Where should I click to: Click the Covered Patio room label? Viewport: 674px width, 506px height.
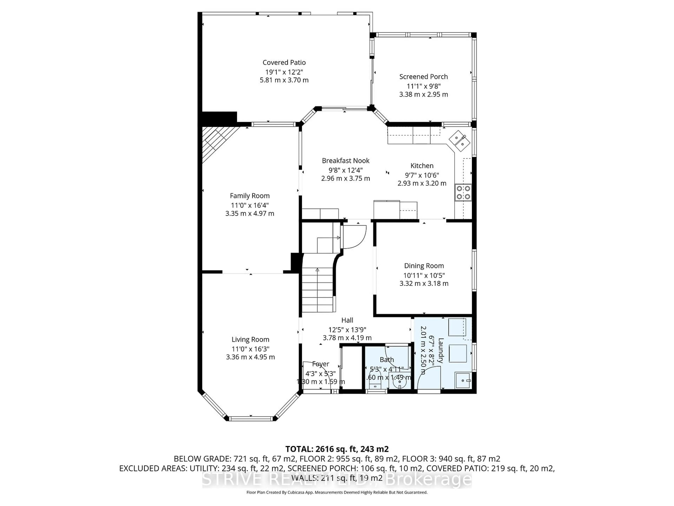284,63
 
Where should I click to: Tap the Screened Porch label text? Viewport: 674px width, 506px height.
424,77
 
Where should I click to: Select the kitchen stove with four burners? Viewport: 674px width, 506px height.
463,192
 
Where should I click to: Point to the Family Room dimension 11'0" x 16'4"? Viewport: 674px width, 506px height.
250,205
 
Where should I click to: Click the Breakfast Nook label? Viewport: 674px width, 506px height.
346,161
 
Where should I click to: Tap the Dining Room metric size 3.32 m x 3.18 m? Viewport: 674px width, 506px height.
424,283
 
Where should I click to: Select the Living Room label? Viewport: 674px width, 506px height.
250,339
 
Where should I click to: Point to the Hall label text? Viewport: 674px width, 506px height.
347,320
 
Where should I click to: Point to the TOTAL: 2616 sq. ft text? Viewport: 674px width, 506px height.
337,449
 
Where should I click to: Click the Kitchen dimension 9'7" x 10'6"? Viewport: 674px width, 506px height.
422,175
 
